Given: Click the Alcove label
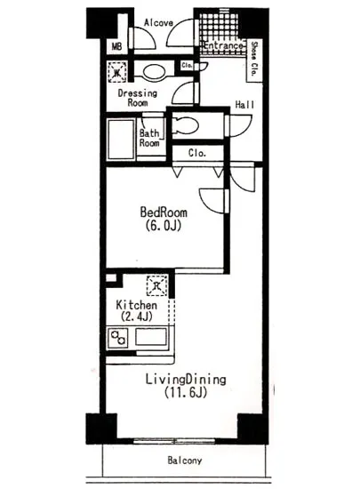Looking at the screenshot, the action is (158, 22).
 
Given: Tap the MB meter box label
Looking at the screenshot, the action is (116, 47).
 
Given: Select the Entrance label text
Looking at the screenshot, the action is (222, 45).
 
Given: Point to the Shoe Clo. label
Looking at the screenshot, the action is (254, 60).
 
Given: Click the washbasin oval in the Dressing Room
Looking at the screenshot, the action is (155, 72).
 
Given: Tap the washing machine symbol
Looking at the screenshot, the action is (117, 72).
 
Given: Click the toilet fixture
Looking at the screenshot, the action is (185, 125).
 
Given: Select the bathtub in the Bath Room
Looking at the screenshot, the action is (121, 139).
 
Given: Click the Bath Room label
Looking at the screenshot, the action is (149, 138).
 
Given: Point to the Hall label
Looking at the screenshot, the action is (244, 105).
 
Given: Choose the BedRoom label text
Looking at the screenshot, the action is (164, 212).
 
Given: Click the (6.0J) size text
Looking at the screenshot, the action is (163, 226).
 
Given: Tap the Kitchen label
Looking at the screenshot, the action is (136, 305).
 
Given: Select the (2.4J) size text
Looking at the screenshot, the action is (137, 317).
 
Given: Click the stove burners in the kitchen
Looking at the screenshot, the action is (118, 338).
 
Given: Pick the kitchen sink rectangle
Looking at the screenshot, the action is (151, 337).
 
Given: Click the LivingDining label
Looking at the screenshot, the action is (186, 380).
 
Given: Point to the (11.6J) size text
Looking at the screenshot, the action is (186, 392).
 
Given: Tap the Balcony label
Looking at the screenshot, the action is (185, 461).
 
